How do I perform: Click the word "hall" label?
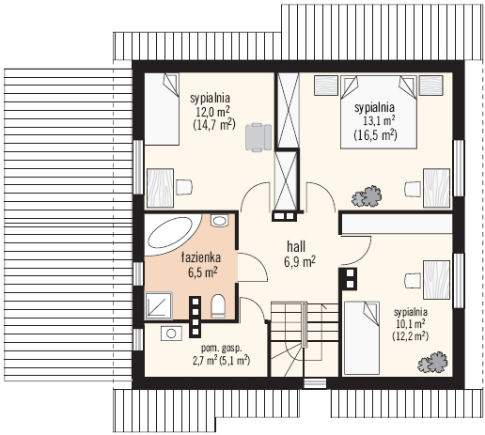pyautogui.click(x=296, y=247)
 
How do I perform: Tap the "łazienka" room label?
pyautogui.click(x=201, y=257)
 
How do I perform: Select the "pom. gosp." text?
pyautogui.click(x=222, y=349)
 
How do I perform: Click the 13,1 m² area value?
pyautogui.click(x=379, y=121)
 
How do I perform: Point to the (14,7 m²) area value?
pyautogui.click(x=214, y=125)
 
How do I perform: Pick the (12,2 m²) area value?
pyautogui.click(x=410, y=335)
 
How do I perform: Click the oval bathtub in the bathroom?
pyautogui.click(x=170, y=233)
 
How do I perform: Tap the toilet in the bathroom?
pyautogui.click(x=218, y=306)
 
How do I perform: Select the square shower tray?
pyautogui.click(x=159, y=305)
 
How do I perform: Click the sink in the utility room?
pyautogui.click(x=171, y=334)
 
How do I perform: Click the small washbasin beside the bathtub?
pyautogui.click(x=219, y=221)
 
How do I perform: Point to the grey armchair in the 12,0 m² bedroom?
pyautogui.click(x=258, y=137)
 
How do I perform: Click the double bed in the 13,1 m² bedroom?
pyautogui.click(x=379, y=112)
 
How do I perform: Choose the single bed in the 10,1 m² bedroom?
pyautogui.click(x=362, y=337)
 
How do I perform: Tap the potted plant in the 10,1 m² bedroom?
pyautogui.click(x=433, y=363)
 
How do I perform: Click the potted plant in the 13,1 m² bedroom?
pyautogui.click(x=367, y=196)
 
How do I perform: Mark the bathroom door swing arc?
pyautogui.click(x=258, y=262)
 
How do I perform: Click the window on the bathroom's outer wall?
pyautogui.click(x=138, y=273)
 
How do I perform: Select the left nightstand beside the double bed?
pyautogui.click(x=326, y=85)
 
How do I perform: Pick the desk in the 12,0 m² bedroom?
pyautogui.click(x=160, y=188)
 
